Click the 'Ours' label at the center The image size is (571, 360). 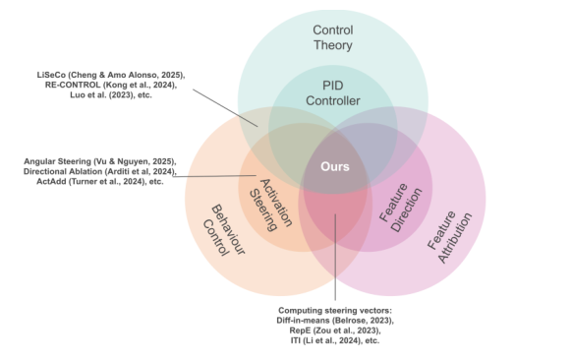pyautogui.click(x=335, y=166)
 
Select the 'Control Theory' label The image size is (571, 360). pyautogui.click(x=332, y=37)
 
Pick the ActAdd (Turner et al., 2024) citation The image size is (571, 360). pyautogui.click(x=102, y=182)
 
